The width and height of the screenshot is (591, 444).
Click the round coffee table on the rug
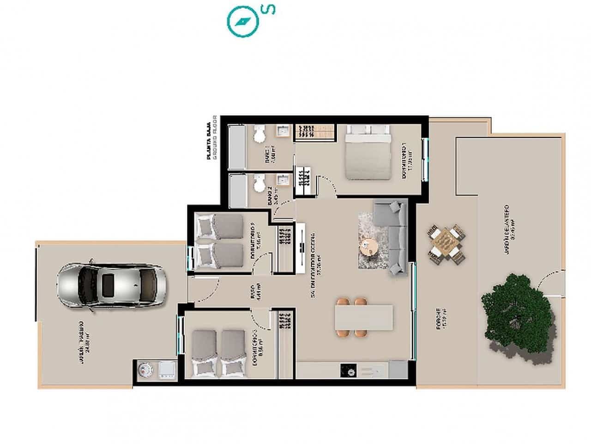369,246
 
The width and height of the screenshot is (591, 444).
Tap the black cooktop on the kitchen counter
348,370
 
